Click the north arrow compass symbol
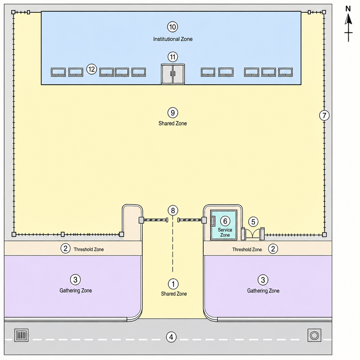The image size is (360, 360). pos(348,24)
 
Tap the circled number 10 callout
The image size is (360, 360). pos(172,27)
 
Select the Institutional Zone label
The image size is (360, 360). pos(173,39)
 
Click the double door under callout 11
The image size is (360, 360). pos(173,74)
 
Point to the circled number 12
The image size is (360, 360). pos(92,69)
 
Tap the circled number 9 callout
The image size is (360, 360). pos(173,113)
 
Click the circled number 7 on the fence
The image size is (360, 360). pos(324,115)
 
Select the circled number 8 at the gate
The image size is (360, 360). pos(173,210)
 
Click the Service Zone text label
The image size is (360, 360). pos(225,232)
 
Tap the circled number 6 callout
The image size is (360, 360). pos(225,221)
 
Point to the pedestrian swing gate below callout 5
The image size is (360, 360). pos(253,234)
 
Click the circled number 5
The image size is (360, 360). pos(253,222)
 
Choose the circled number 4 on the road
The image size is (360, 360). pos(171,337)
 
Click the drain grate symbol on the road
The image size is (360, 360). pos(21,335)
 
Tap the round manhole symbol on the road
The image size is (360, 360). pos(314,335)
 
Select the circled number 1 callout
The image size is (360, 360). pos(173,284)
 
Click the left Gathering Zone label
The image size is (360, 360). pos(76,290)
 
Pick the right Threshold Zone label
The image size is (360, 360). pos(247,250)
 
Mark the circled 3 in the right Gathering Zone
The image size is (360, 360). pos(263,280)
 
